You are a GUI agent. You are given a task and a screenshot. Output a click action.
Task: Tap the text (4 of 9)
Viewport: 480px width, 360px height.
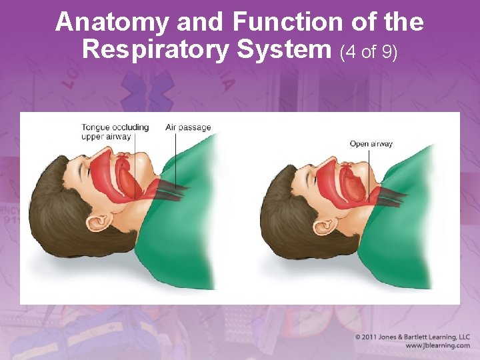369,51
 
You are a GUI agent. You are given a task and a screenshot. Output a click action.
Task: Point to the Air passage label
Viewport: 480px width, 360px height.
188,127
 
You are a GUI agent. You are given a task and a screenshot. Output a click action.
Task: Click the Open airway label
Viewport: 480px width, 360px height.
371,143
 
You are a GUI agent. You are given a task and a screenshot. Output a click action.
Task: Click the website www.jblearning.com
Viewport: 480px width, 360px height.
437,346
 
